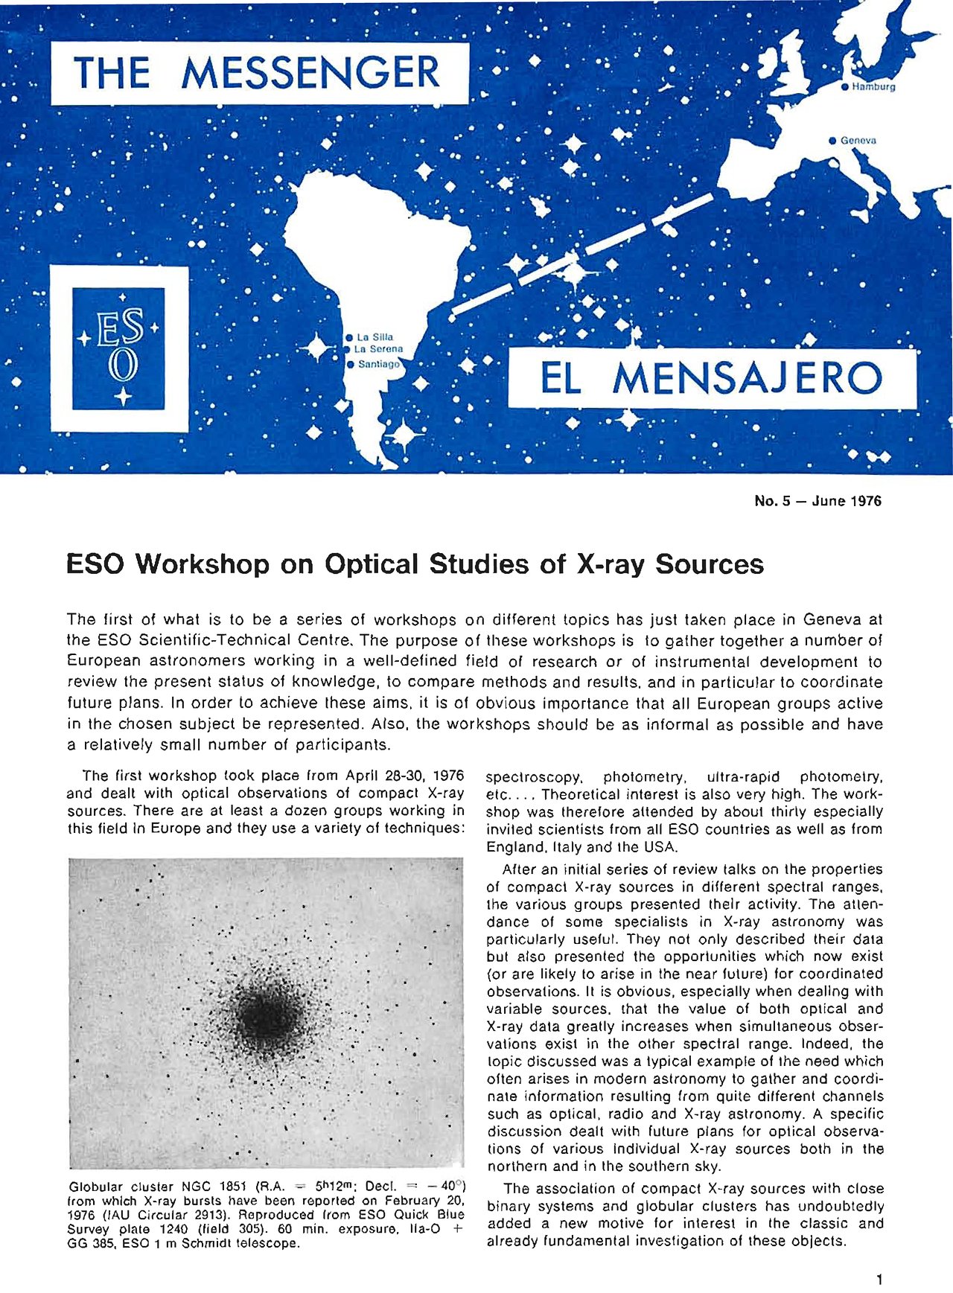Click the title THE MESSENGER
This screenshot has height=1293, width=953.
click(257, 73)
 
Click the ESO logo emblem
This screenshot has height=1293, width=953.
click(119, 348)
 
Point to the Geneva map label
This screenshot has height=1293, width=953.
click(858, 140)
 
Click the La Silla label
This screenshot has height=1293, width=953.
click(374, 337)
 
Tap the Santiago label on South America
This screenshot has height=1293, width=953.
click(378, 365)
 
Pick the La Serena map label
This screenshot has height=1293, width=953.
click(378, 349)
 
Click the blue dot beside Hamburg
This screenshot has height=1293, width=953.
click(844, 87)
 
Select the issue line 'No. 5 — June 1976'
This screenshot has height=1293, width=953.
click(817, 501)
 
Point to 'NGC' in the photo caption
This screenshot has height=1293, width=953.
click(203, 1187)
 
